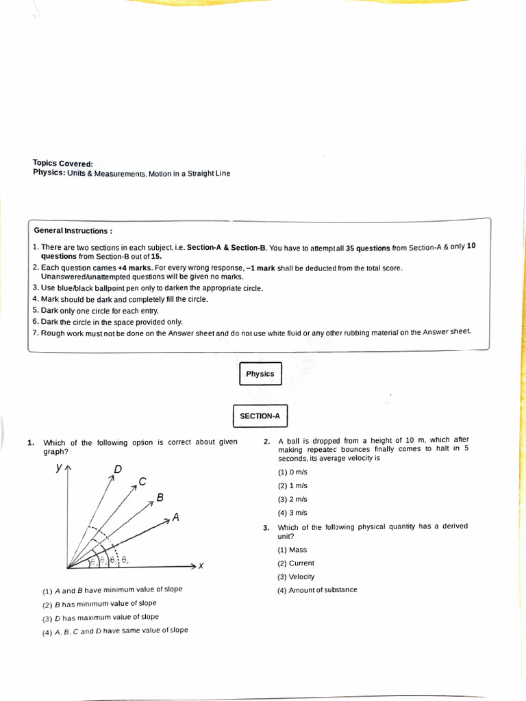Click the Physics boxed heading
(260, 374)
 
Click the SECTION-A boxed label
(260, 416)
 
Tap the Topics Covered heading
(62, 164)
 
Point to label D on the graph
(118, 469)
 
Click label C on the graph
(142, 481)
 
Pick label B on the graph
(160, 498)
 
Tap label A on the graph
(176, 518)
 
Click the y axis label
(60, 468)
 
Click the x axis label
(201, 565)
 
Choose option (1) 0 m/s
(292, 472)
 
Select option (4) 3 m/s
(292, 513)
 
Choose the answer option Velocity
(297, 576)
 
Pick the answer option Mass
(292, 550)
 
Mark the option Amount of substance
(317, 590)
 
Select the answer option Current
(296, 563)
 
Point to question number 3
(266, 528)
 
